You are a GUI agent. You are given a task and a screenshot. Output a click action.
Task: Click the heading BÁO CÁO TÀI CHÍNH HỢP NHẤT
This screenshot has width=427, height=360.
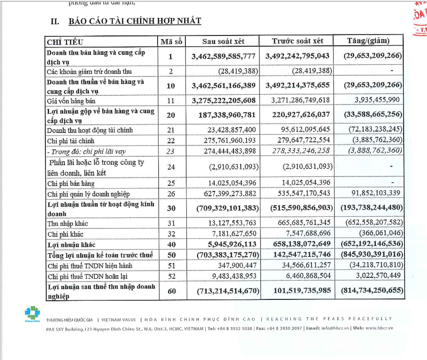(135, 21)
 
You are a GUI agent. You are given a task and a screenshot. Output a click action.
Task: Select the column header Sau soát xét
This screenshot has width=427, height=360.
(223, 41)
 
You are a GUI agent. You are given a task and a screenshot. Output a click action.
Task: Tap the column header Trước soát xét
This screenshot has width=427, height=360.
(297, 41)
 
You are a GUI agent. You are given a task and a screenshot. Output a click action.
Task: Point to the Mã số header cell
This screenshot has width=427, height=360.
(171, 41)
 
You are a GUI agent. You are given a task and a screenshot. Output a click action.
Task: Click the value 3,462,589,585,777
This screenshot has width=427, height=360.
(223, 56)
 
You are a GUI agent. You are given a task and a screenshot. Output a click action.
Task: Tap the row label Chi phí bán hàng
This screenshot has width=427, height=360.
(70, 183)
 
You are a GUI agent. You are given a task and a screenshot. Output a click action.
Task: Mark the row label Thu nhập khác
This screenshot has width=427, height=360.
(69, 224)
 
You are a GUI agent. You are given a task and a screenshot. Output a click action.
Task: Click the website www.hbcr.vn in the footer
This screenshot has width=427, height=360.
(378, 328)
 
